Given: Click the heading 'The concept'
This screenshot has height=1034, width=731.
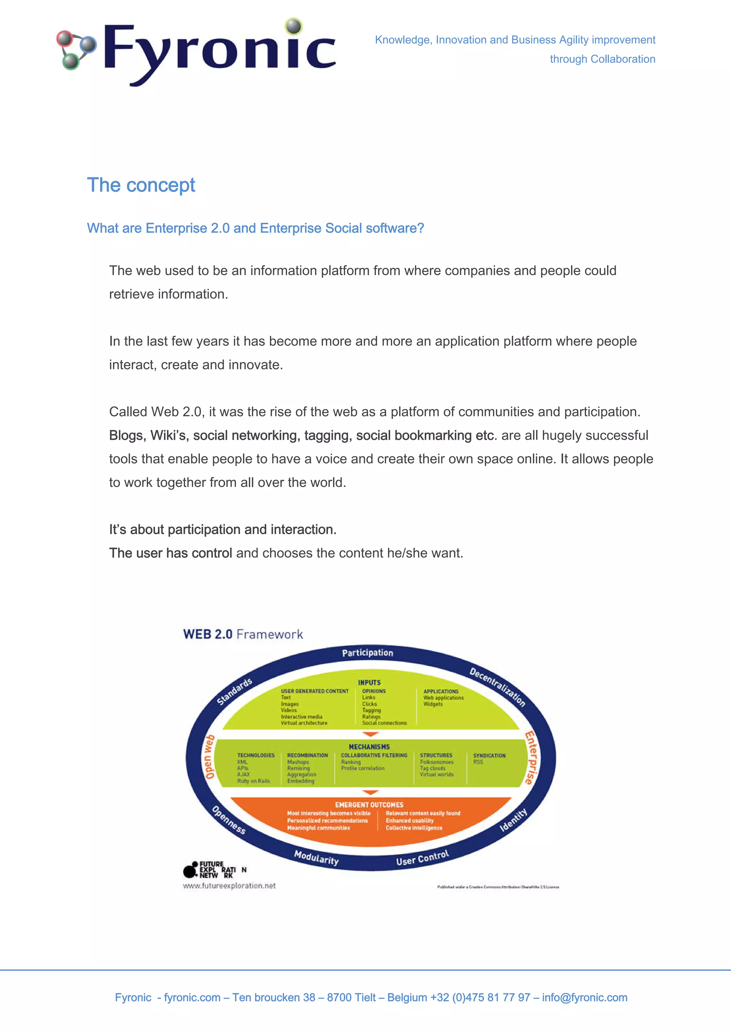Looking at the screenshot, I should (x=141, y=185).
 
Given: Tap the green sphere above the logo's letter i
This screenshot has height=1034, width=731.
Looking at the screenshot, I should (x=294, y=26).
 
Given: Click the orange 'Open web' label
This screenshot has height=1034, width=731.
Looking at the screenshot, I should (x=210, y=757).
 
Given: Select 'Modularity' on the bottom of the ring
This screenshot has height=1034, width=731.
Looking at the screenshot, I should (x=316, y=857).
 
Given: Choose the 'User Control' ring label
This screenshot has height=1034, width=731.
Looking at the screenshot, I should (x=423, y=858).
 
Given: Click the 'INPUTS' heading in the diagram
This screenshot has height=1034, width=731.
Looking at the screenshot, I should (x=369, y=683).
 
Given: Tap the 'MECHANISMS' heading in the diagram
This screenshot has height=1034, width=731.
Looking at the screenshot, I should (x=369, y=747).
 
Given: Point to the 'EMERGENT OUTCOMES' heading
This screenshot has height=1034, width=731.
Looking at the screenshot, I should (x=369, y=805).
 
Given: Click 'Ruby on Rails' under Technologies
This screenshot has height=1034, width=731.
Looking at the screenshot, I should (x=253, y=781).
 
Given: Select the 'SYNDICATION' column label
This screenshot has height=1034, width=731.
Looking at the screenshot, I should (x=489, y=756).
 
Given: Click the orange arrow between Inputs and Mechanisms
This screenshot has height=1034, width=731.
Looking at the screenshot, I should (x=370, y=735).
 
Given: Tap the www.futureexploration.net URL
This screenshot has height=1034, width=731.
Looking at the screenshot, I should (x=229, y=886).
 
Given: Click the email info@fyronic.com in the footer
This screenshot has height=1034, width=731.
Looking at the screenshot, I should (x=585, y=998).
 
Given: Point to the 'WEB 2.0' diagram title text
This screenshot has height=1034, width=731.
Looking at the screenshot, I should (x=208, y=634).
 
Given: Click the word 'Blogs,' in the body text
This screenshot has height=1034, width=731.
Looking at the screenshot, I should (x=127, y=435).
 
